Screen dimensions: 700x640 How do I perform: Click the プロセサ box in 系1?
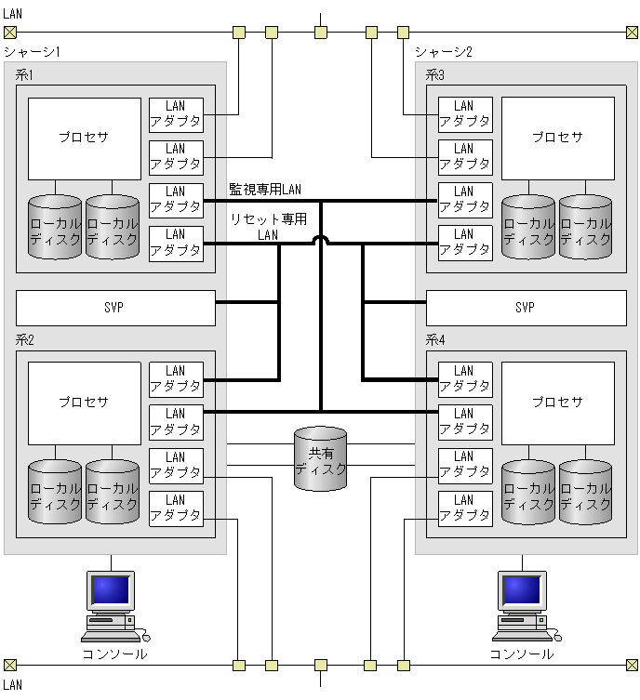[83, 138]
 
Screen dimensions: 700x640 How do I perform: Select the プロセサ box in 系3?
[557, 138]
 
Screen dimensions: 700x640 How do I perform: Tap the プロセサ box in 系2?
[83, 403]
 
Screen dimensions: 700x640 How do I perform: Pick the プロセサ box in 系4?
[557, 403]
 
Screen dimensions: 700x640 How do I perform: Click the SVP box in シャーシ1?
[115, 308]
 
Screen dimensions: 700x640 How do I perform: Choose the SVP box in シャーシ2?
[526, 308]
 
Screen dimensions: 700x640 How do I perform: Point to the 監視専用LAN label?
[265, 190]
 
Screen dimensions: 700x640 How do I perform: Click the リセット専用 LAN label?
[268, 227]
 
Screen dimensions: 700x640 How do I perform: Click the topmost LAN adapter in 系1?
[176, 114]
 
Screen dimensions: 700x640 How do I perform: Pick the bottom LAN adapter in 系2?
[176, 508]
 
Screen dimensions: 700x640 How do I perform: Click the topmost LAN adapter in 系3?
[464, 114]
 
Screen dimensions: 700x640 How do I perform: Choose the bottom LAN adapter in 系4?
[464, 508]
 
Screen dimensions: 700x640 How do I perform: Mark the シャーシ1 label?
[33, 52]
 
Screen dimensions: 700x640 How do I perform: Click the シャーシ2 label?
[444, 52]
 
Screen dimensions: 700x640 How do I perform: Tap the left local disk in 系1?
[55, 228]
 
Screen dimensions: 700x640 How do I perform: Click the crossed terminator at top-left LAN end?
[9, 33]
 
